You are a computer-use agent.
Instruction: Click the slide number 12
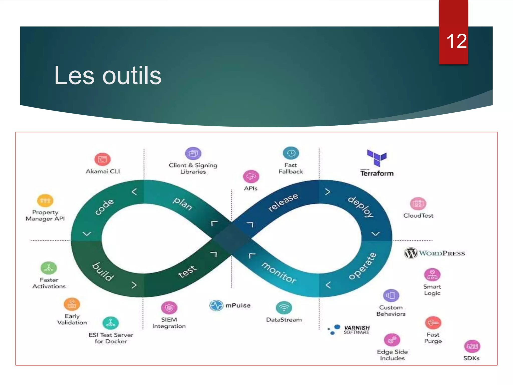click(456, 41)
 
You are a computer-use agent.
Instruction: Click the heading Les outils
click(108, 75)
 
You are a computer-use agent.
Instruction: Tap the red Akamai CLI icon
click(102, 159)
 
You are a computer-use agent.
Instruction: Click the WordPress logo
click(435, 253)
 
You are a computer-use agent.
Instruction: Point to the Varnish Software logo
click(349, 329)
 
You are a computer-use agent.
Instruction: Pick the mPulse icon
click(216, 305)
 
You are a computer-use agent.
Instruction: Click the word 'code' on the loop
click(104, 207)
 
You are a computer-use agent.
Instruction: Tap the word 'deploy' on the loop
click(361, 207)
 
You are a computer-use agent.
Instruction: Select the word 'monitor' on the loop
click(279, 273)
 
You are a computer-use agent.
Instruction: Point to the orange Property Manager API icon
click(45, 201)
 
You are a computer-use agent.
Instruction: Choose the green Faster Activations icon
click(49, 268)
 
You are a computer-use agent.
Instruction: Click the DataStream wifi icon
click(284, 308)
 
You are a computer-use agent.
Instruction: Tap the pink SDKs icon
click(472, 346)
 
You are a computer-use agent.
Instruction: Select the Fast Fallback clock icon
click(291, 153)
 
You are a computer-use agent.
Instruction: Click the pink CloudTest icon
click(418, 204)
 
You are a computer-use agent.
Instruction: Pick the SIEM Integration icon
click(169, 308)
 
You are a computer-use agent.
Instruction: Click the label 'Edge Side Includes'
click(392, 355)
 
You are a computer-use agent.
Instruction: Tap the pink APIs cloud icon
click(251, 177)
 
